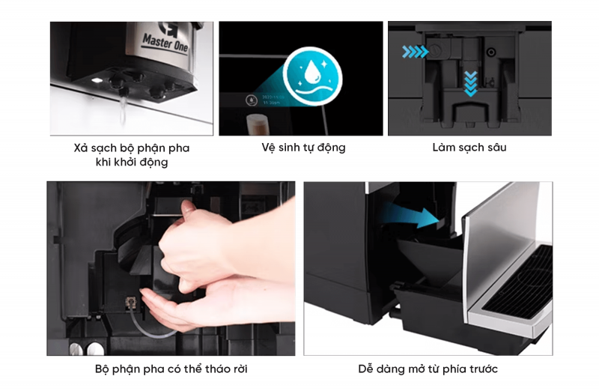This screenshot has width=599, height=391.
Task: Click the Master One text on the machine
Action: click(166, 37)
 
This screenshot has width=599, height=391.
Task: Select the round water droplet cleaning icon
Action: click(313, 74)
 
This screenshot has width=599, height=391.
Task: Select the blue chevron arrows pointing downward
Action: click(469, 82)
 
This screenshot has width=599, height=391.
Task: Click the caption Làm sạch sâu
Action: click(469, 148)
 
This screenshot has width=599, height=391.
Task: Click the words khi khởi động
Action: click(132, 163)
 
